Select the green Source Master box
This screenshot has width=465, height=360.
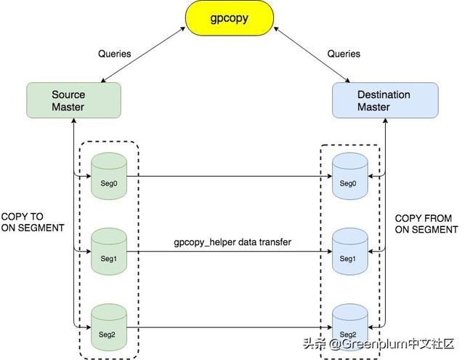tap(68, 101)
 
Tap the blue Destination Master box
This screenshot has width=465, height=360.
tap(384, 101)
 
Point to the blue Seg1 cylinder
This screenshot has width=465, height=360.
tap(348, 250)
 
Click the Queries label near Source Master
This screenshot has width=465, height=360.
tap(114, 53)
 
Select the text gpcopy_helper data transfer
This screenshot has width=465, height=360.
tap(232, 241)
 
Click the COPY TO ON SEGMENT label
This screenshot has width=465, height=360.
tap(32, 222)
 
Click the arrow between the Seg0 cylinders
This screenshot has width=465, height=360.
tap(229, 175)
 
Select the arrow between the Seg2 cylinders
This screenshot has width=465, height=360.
tap(229, 324)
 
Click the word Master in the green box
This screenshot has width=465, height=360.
tap(68, 108)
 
